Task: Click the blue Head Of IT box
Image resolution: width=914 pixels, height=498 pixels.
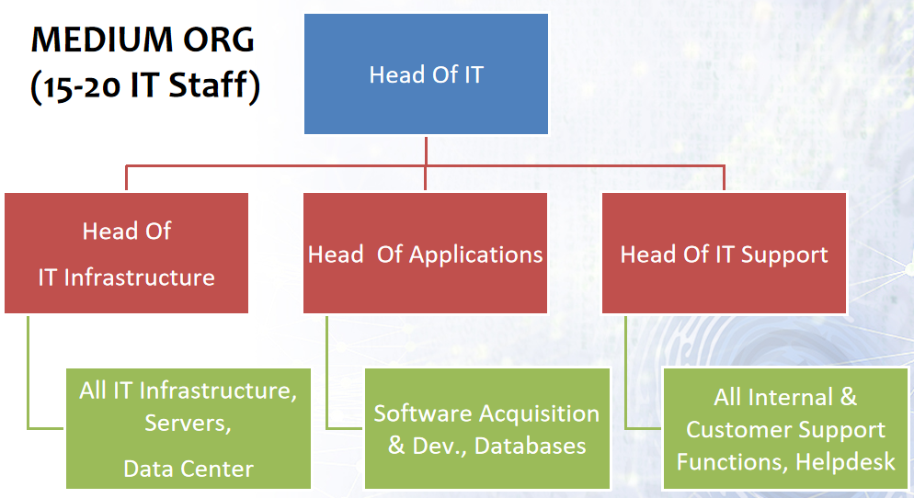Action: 426,74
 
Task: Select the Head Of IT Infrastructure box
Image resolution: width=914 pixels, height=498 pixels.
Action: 127,254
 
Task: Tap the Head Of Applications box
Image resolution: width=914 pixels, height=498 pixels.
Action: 425,254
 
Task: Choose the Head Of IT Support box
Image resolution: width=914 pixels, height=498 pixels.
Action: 724,254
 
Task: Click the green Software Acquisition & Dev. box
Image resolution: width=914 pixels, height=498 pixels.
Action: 487,429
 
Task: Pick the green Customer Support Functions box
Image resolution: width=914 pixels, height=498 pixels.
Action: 786,429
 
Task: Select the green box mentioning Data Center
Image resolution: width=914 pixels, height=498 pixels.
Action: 189,429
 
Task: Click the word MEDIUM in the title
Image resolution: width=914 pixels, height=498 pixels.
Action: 101,40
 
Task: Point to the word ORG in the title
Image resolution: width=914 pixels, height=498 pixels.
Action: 219,40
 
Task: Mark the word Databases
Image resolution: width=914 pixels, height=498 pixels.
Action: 530,446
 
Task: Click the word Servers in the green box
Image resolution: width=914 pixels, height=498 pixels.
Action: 188,424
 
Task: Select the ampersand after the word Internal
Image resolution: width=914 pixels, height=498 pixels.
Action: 848,397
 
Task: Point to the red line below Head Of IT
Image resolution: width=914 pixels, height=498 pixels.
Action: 426,166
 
